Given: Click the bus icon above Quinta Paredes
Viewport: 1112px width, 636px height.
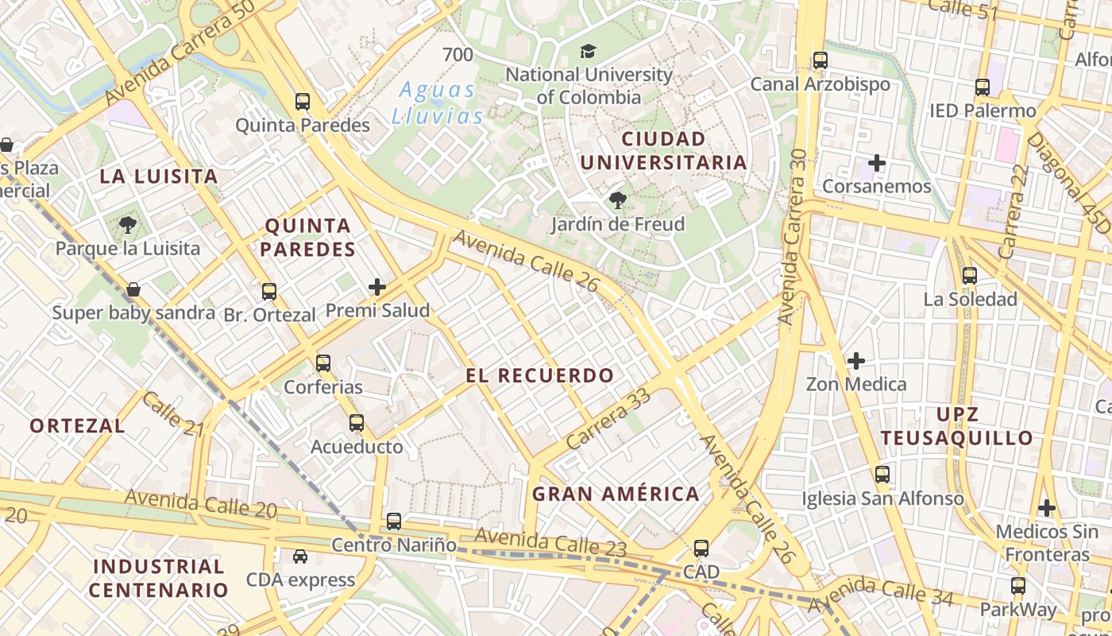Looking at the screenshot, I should (x=303, y=102).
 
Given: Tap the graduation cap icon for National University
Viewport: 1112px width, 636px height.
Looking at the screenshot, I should (x=588, y=52).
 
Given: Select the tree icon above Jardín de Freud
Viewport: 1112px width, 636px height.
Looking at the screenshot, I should (x=617, y=200).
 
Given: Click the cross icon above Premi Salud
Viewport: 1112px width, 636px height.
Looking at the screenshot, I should (x=377, y=287).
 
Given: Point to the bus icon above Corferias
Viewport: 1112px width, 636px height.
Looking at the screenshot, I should (x=323, y=363).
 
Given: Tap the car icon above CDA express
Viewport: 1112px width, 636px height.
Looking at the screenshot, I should (x=299, y=556).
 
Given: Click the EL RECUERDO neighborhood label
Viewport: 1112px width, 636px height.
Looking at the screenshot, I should (x=540, y=376).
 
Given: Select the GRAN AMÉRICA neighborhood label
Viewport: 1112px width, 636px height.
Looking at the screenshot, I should (x=616, y=494).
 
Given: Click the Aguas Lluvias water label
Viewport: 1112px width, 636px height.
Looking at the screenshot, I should (x=438, y=103).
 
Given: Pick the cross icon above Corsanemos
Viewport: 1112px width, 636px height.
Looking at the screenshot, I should (x=877, y=164).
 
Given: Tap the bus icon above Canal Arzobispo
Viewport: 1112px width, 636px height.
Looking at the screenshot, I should (x=820, y=60).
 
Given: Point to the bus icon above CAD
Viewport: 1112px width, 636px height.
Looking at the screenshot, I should (x=701, y=549).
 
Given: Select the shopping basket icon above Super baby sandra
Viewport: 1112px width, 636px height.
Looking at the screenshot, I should (x=133, y=289).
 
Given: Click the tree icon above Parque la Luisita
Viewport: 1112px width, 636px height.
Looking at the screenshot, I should (x=128, y=225).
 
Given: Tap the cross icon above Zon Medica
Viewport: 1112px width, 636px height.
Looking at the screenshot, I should (x=856, y=361).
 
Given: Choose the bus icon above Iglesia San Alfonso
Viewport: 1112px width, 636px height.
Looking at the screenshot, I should (x=882, y=475).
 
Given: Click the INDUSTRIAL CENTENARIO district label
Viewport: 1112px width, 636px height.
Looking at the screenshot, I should (x=159, y=578).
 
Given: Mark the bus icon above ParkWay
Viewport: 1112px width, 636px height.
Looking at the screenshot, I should (x=1018, y=587).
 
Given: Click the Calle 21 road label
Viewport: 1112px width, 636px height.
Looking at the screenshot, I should (x=173, y=414).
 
